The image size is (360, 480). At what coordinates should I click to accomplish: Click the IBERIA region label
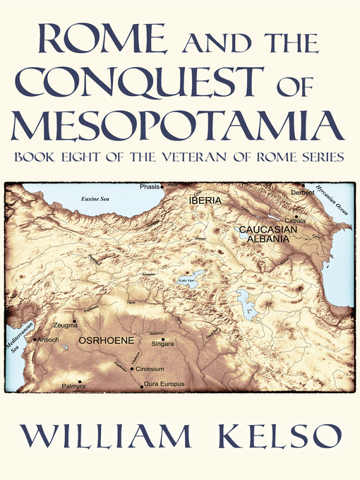[205, 200]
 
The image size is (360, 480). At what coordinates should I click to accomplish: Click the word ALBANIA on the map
[269, 239]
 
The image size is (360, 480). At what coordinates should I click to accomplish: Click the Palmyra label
[73, 387]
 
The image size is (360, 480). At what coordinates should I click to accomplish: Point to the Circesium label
[150, 369]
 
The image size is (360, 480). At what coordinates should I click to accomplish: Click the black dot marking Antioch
[35, 339]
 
